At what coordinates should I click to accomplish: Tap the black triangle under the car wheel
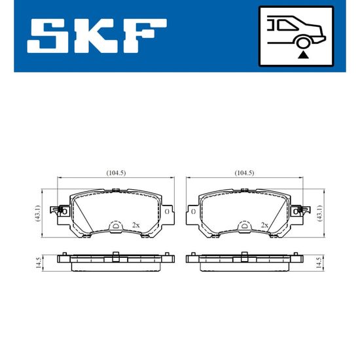click(x=302, y=55)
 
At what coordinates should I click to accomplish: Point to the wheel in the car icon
click(x=302, y=43)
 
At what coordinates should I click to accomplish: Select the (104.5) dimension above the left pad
click(x=116, y=173)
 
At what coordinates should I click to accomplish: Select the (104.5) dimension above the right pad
click(x=244, y=173)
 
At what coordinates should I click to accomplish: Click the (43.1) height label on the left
click(x=37, y=213)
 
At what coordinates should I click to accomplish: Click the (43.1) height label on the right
click(x=319, y=213)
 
